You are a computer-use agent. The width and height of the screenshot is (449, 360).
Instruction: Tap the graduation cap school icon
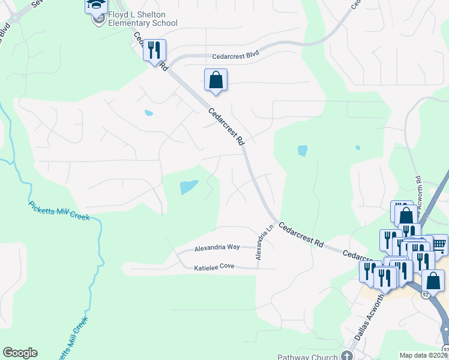(96, 5)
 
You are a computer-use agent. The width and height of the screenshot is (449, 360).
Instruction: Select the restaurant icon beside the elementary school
(154, 50)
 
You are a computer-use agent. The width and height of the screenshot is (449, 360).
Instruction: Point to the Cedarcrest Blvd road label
(235, 55)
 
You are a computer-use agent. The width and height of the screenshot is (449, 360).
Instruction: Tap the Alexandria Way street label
(217, 247)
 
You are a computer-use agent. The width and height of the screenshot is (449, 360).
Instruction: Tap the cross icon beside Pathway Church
(347, 356)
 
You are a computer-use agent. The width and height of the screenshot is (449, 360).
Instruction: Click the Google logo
(20, 353)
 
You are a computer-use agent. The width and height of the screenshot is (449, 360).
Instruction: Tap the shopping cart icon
(439, 243)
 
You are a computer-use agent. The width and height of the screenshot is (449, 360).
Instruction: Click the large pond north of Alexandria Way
(189, 187)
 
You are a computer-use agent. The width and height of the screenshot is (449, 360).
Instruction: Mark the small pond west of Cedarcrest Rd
(149, 112)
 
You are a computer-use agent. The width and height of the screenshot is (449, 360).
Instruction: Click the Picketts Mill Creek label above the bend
(59, 211)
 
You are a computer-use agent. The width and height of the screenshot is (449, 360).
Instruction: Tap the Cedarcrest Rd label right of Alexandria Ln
(302, 236)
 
